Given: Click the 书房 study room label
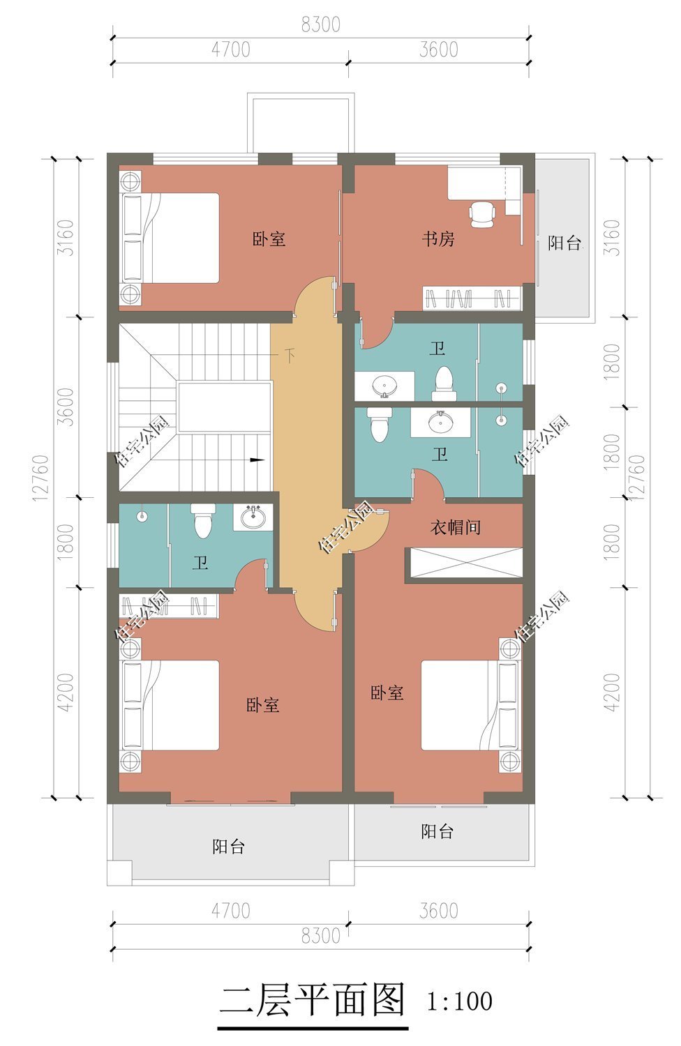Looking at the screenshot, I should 438,239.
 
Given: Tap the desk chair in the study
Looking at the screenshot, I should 482,213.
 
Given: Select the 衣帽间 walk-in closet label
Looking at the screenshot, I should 455,527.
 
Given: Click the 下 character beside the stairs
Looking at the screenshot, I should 290,356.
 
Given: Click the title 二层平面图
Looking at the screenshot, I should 313,1001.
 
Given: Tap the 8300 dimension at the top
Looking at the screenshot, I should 320,24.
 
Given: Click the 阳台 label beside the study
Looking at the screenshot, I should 564,243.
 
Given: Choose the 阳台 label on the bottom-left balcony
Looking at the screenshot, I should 228,847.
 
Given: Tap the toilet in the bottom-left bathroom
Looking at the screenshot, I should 202,522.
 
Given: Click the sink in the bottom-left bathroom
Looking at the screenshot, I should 253,517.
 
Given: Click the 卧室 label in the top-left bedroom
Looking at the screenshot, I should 269,239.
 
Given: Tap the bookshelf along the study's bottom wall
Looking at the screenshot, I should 472,298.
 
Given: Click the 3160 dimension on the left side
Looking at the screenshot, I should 66,237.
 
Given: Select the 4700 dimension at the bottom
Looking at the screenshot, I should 230,911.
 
